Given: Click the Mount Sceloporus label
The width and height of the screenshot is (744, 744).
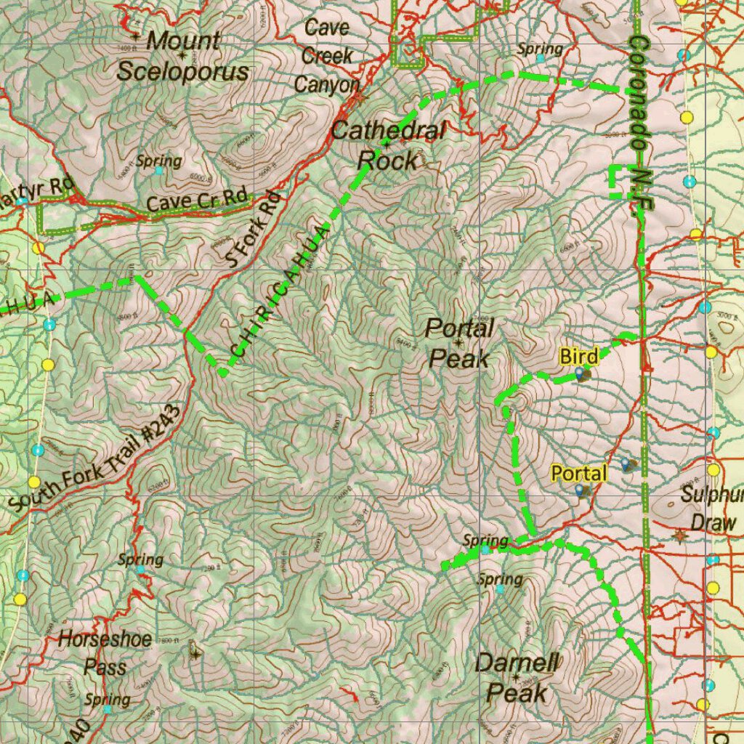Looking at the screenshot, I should click(182, 57).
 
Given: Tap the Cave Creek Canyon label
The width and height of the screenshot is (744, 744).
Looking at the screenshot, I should click(327, 56).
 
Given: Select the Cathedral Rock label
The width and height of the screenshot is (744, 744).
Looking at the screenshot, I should click(388, 145).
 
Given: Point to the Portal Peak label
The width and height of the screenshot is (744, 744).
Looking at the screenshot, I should click(459, 342).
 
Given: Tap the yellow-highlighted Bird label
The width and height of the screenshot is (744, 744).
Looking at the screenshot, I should click(578, 357).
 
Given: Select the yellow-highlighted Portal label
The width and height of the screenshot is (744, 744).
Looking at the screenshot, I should click(578, 474).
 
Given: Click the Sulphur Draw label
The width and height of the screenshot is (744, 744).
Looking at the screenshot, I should click(712, 509).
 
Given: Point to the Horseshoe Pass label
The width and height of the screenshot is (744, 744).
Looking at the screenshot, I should click(105, 652).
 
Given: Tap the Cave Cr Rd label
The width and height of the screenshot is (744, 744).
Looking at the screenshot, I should click(197, 201).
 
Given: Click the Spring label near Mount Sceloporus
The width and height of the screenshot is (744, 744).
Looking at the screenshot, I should click(158, 161).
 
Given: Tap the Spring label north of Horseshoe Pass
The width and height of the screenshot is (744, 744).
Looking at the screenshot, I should click(140, 559).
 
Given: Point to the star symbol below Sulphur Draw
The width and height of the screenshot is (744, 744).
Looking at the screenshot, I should click(680, 536).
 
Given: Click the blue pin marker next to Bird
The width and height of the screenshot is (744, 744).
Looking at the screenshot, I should click(580, 373).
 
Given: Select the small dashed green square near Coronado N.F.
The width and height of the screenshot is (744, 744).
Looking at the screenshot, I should click(620, 182).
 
